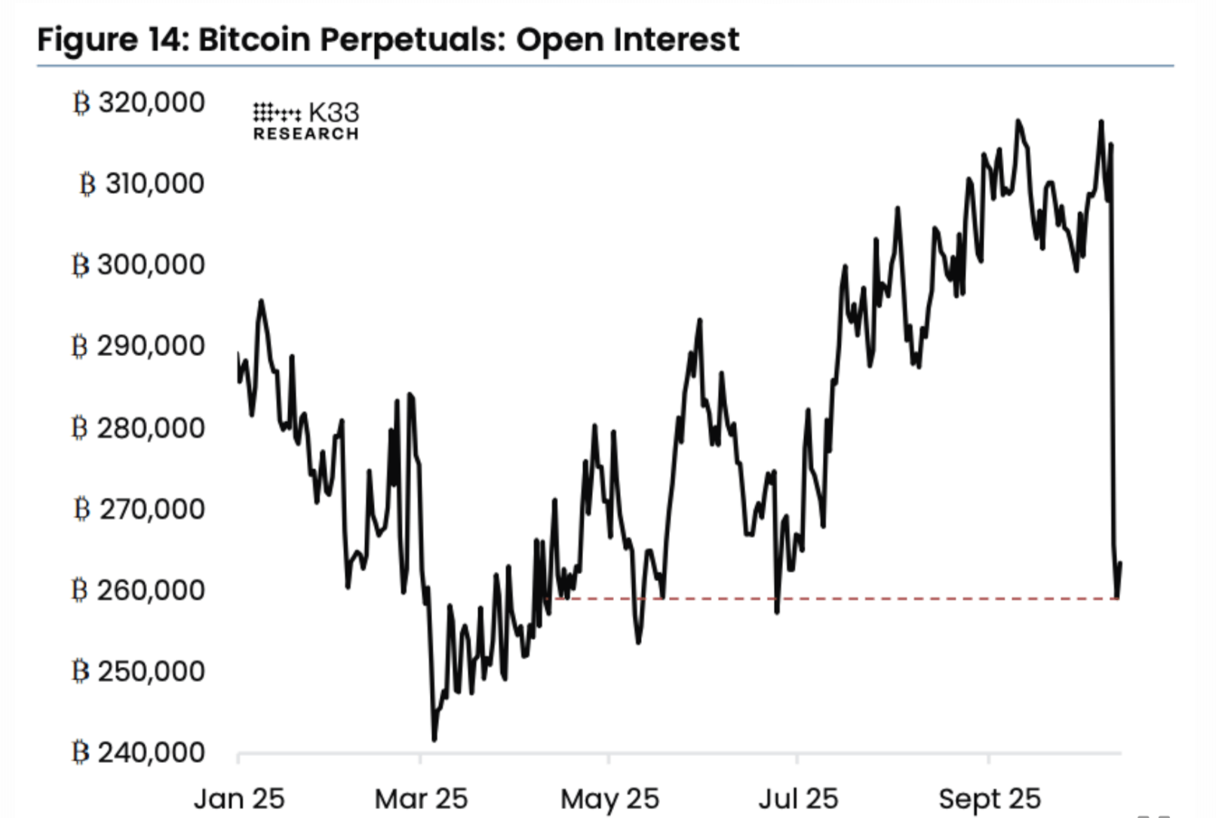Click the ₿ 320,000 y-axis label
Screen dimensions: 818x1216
(139, 103)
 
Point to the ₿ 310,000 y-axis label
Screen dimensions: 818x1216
(142, 183)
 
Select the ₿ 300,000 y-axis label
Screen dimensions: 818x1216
(139, 265)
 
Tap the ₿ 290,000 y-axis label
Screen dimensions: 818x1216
(139, 346)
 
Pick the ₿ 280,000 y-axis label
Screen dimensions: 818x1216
(139, 428)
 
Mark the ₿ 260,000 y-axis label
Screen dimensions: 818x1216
(139, 590)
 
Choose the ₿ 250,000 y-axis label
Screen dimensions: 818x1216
(139, 671)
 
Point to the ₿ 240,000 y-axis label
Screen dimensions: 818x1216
(139, 752)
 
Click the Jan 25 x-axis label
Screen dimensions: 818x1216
(239, 798)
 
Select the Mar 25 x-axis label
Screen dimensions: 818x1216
(421, 798)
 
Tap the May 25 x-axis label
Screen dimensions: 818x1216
(610, 798)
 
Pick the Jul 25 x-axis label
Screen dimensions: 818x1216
(798, 798)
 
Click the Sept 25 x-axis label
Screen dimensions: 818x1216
(989, 798)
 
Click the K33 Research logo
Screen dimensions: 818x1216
(306, 121)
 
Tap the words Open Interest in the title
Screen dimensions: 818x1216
(628, 39)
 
